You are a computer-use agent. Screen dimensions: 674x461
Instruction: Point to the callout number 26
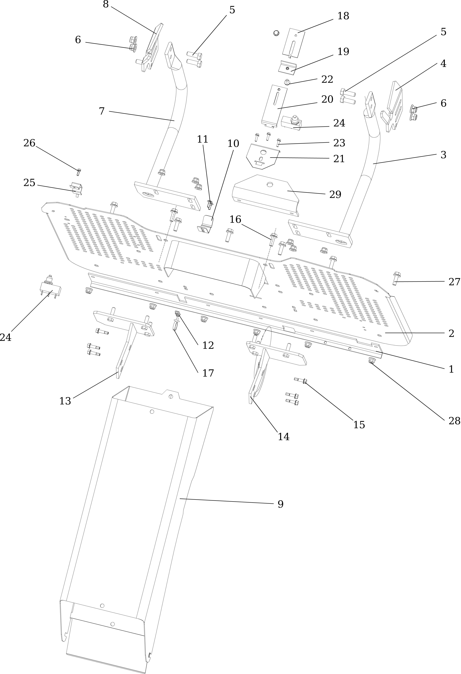[x=29, y=143]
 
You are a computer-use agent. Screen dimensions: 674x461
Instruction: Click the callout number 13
[x=65, y=401]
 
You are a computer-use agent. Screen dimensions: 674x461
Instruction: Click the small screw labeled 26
[x=78, y=172]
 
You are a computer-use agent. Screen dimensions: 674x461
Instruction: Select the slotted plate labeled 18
[x=294, y=42]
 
